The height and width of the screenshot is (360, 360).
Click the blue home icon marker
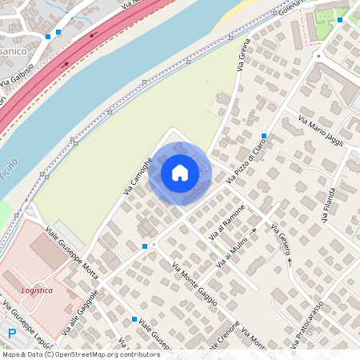[180, 173]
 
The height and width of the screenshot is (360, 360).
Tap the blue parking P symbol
[11, 335]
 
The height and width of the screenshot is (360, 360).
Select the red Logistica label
[37, 290]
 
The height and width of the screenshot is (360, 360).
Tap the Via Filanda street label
[330, 195]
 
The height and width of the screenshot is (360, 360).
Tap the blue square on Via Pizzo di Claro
[263, 135]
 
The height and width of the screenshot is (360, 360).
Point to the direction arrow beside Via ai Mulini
[253, 231]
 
